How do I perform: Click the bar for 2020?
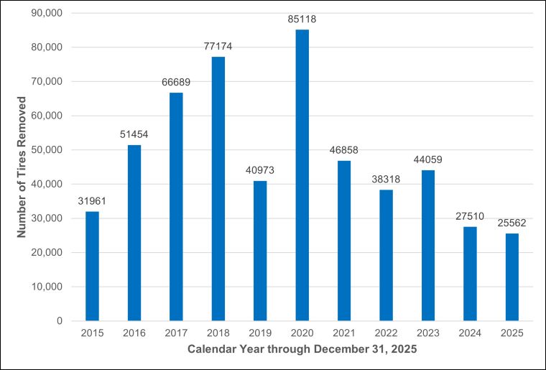tap(302, 175)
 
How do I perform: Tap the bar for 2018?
tap(218, 188)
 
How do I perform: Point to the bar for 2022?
tap(386, 255)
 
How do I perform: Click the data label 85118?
tap(302, 20)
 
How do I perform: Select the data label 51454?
tap(134, 135)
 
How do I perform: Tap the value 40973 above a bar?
tap(260, 171)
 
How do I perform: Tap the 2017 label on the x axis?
tap(176, 334)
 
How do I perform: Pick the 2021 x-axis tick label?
tap(343, 334)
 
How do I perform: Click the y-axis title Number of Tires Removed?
tap(22, 167)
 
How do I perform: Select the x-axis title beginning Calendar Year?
tap(302, 350)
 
